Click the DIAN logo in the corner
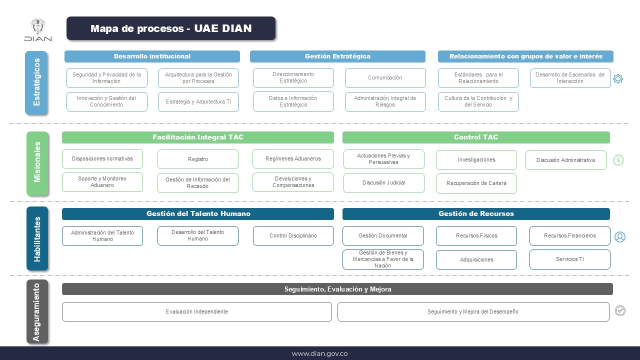coord(37,30)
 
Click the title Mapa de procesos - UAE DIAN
coord(171,28)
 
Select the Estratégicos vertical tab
coord(37,82)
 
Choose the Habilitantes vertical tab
coord(37,238)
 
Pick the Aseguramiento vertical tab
coord(37,312)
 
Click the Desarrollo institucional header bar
coord(152,56)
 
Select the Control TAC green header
coord(475,137)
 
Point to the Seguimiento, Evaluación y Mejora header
coord(337,289)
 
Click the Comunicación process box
coord(385,78)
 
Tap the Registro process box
coord(198,159)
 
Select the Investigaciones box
coord(476,160)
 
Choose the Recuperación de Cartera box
coord(476,183)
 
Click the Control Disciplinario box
coord(293,236)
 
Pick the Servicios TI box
coord(569,259)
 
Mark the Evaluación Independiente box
coord(196,312)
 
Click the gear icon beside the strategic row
coord(618,78)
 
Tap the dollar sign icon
coord(618,160)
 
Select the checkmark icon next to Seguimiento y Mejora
coord(620,311)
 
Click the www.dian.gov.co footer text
coord(319,353)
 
